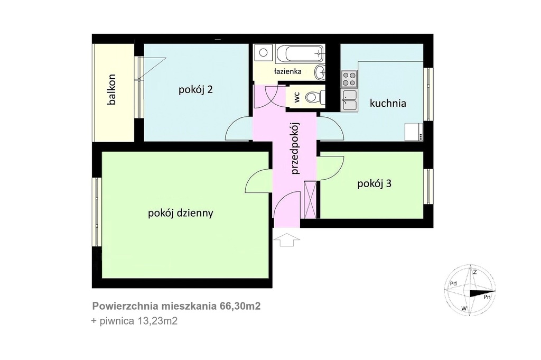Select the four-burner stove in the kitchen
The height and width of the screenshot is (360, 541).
(x=349, y=79)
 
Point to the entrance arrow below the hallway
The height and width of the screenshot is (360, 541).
(x=286, y=239)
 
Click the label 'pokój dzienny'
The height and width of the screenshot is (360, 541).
(x=181, y=213)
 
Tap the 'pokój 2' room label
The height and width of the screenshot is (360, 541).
(x=195, y=90)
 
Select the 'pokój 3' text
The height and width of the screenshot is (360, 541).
(x=374, y=183)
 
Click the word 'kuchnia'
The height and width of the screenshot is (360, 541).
(x=388, y=103)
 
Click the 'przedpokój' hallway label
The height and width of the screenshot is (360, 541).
(x=295, y=149)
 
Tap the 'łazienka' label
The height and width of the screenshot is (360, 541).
(x=287, y=71)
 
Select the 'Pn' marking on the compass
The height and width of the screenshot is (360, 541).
(x=487, y=297)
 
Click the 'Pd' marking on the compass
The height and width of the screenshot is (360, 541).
(x=453, y=284)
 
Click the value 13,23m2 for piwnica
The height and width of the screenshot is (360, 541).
(x=157, y=321)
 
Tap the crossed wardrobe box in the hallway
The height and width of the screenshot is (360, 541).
(x=310, y=199)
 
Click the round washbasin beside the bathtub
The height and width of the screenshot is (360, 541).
(x=320, y=72)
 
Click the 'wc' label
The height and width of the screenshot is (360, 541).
(x=296, y=97)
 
